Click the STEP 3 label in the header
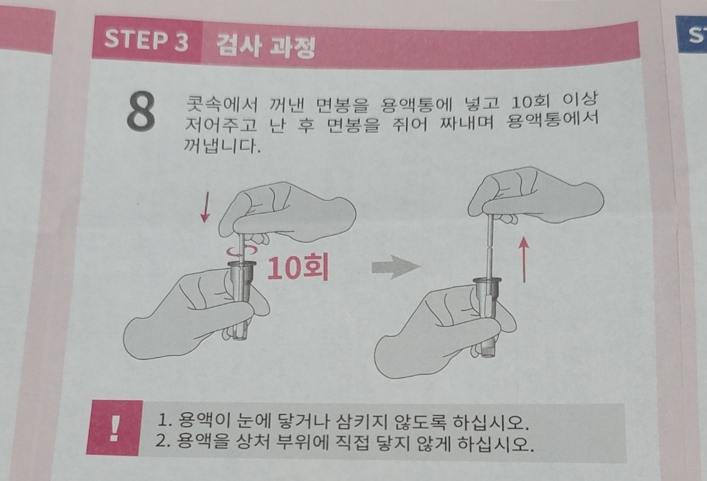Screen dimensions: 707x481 pyautogui.click(x=146, y=40)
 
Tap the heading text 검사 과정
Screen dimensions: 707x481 pyautogui.click(x=265, y=46)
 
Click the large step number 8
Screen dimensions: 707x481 pyautogui.click(x=141, y=112)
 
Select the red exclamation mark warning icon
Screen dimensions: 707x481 pyautogui.click(x=115, y=428)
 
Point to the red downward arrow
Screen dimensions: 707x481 pyautogui.click(x=205, y=206)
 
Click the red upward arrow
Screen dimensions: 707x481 pyautogui.click(x=524, y=259)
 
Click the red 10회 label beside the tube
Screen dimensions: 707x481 pyautogui.click(x=297, y=267)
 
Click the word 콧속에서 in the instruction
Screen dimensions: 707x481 pyautogui.click(x=221, y=105)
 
